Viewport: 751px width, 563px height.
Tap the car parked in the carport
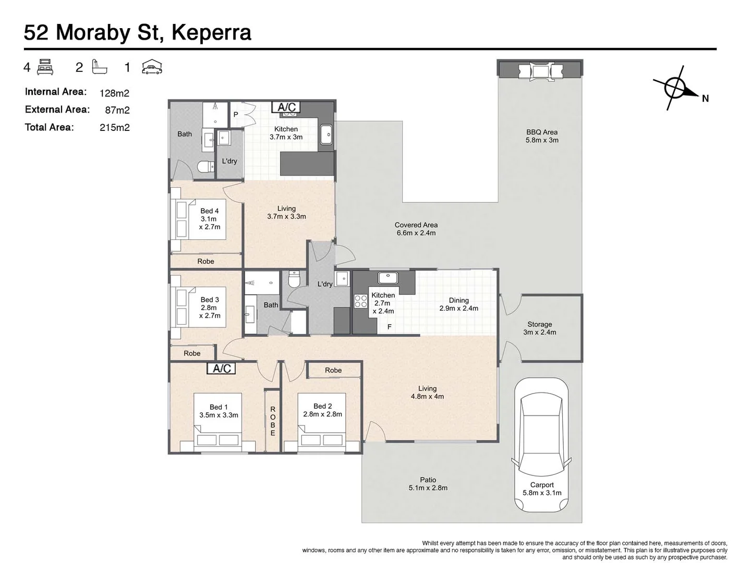[541, 445]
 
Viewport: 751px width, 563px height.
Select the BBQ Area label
[542, 136]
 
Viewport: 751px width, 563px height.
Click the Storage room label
[540, 328]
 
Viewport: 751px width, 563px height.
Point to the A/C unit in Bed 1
[221, 368]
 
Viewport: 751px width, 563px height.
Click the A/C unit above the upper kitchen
[286, 107]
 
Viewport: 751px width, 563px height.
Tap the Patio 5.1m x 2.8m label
[428, 484]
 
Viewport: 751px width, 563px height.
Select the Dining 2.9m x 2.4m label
[459, 304]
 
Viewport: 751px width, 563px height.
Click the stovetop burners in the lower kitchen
[360, 301]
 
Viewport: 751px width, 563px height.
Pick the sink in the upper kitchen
[326, 134]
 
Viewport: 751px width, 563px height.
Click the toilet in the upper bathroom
[205, 167]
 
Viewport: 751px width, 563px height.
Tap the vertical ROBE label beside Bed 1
[273, 421]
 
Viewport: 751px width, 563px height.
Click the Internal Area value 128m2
[115, 93]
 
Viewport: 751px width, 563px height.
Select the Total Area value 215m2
[115, 128]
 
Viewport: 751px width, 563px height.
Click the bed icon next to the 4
[45, 67]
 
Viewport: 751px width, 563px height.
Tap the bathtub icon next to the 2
[100, 67]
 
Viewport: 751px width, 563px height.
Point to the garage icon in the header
[152, 67]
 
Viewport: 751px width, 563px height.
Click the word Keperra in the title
[211, 33]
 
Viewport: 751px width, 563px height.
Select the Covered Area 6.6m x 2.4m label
[416, 229]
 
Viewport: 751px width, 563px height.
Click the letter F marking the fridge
[390, 327]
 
